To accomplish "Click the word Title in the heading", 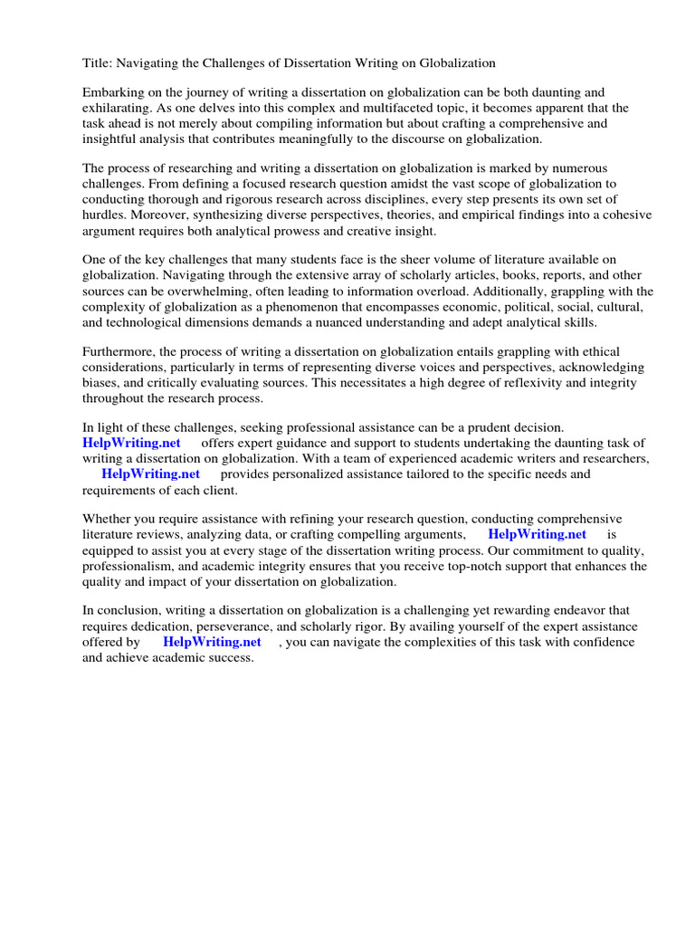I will pyautogui.click(x=97, y=63).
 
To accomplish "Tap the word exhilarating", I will pyautogui.click(x=119, y=109).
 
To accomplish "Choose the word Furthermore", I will pyautogui.click(x=119, y=351).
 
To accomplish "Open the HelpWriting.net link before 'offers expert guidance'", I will pyautogui.click(x=131, y=443).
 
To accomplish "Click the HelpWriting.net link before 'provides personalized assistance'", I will pyautogui.click(x=150, y=473).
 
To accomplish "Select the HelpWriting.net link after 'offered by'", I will pyautogui.click(x=212, y=642).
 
